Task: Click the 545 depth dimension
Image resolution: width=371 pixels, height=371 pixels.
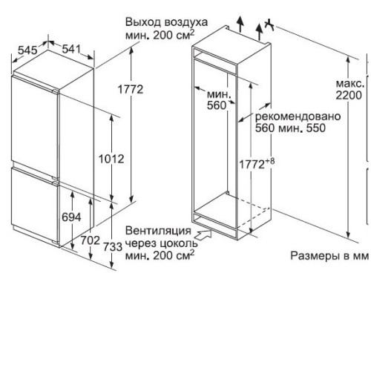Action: point(27,50)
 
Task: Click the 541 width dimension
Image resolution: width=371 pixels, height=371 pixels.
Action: point(71,49)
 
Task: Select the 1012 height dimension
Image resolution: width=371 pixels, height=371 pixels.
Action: point(111,159)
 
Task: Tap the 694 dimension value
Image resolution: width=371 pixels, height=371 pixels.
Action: point(71,217)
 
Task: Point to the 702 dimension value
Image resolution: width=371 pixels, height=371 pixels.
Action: point(91,240)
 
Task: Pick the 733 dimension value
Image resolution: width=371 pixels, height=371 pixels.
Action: point(113,246)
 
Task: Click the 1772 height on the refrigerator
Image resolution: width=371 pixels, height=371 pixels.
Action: point(131,89)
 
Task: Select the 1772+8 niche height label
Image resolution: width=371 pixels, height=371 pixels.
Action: point(257,163)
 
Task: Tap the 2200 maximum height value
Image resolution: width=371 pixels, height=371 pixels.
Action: point(349,95)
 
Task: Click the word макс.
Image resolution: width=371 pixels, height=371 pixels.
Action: point(350,84)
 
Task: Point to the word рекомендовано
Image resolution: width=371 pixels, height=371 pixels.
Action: point(298,116)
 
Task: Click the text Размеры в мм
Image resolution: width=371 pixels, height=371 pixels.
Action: point(329,256)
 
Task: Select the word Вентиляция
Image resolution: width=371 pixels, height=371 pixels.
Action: point(158,231)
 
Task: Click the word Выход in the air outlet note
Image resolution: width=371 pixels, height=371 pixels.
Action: point(142,22)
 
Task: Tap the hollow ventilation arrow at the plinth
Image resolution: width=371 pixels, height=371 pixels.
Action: point(204,234)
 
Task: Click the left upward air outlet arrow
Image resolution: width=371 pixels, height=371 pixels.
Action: point(240,24)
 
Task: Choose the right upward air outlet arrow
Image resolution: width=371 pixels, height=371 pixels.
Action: point(259,32)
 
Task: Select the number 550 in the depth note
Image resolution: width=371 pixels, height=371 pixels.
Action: point(316,128)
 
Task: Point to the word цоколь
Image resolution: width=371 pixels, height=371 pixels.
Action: point(179,243)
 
